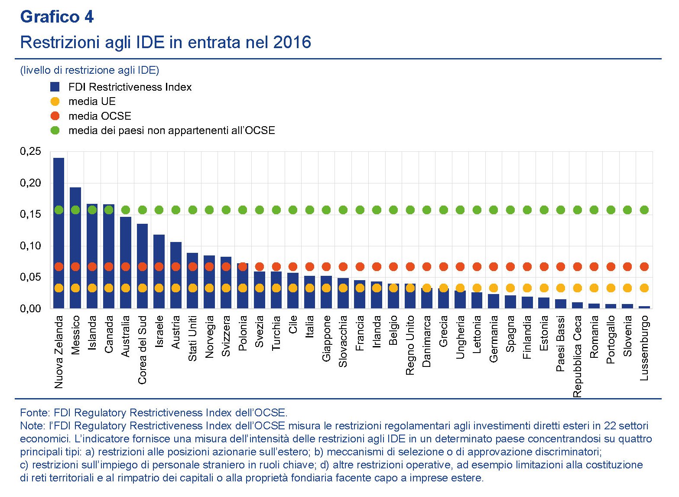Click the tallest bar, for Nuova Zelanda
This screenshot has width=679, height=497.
tap(58, 234)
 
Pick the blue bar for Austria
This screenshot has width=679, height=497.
tap(175, 275)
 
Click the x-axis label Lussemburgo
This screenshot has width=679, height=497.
tap(644, 348)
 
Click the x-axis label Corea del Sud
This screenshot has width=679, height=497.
tap(142, 350)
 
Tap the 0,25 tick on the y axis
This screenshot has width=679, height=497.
tap(30, 152)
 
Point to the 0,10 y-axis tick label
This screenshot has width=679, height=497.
tap(30, 246)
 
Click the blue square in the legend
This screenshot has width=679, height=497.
tap(55, 87)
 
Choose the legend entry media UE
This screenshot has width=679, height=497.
tap(92, 101)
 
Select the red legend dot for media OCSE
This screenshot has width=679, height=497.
tap(55, 116)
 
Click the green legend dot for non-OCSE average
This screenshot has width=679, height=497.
tap(55, 130)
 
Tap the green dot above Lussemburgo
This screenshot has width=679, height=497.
tap(644, 210)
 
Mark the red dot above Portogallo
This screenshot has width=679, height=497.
tap(611, 266)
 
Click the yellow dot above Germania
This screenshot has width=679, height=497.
tap(494, 288)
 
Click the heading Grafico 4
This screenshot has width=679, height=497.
tap(57, 17)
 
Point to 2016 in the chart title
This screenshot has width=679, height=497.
tap(292, 43)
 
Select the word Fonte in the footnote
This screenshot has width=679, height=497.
tap(35, 412)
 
